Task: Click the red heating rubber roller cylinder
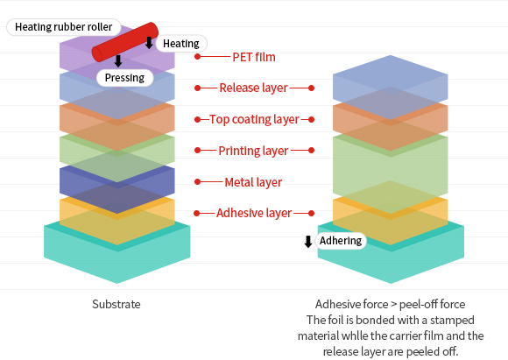pyautogui.click(x=125, y=42)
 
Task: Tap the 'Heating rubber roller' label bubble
pyautogui.click(x=64, y=27)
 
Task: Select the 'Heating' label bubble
pyautogui.click(x=181, y=44)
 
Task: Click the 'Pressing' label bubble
pyautogui.click(x=124, y=78)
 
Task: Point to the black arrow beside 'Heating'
pyautogui.click(x=149, y=42)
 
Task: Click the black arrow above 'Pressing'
pyautogui.click(x=118, y=61)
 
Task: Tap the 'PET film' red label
pyautogui.click(x=254, y=57)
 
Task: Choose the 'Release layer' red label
pyautogui.click(x=253, y=88)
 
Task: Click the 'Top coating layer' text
pyautogui.click(x=254, y=119)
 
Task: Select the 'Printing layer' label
pyautogui.click(x=253, y=151)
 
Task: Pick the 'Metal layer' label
pyautogui.click(x=253, y=182)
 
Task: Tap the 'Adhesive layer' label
pyautogui.click(x=254, y=213)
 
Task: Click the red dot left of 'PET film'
pyautogui.click(x=198, y=57)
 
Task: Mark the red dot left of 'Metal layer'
pyautogui.click(x=198, y=182)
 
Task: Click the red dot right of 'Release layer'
pyautogui.click(x=311, y=88)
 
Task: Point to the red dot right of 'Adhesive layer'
pyautogui.click(x=311, y=213)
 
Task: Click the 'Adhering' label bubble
pyautogui.click(x=341, y=241)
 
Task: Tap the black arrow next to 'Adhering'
pyautogui.click(x=308, y=242)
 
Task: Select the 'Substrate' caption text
pyautogui.click(x=116, y=304)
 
